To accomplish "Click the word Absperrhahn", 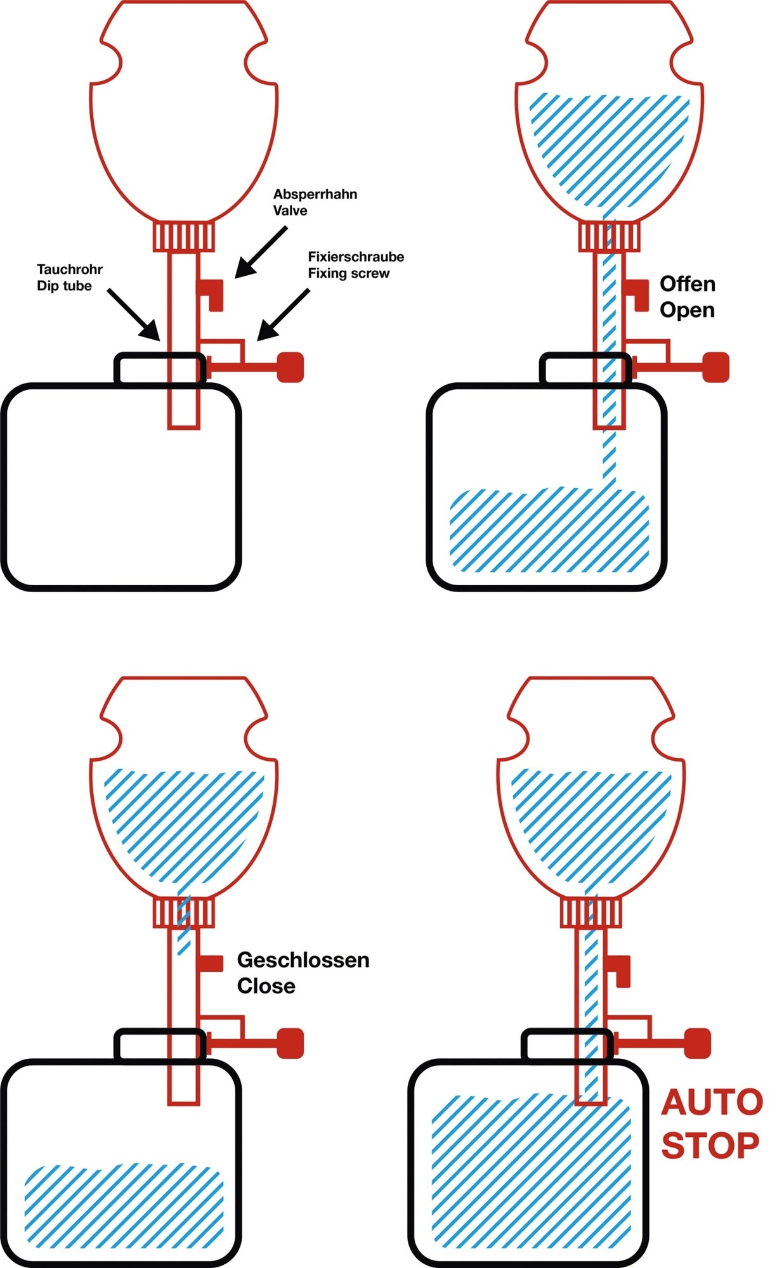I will [315, 194].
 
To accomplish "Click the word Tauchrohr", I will [70, 269].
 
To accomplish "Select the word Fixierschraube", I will [356, 257].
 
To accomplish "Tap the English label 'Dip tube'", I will [64, 286].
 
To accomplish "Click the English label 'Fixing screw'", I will [349, 273].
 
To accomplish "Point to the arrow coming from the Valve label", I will [260, 253].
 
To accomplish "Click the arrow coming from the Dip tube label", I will [133, 314].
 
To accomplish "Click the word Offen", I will [688, 284].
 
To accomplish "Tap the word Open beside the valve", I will [687, 310].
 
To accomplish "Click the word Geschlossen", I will [303, 960].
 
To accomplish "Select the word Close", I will [266, 986].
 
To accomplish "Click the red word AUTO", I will [712, 1103].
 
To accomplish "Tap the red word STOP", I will [710, 1145].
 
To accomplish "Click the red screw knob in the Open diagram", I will [717, 367].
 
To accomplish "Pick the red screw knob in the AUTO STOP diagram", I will [698, 1044].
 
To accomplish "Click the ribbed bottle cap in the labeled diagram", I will [183, 236].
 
